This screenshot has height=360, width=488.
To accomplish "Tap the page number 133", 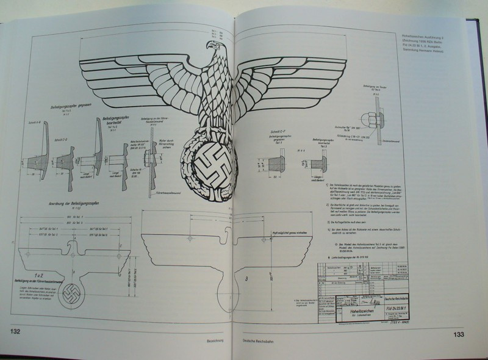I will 461,334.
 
